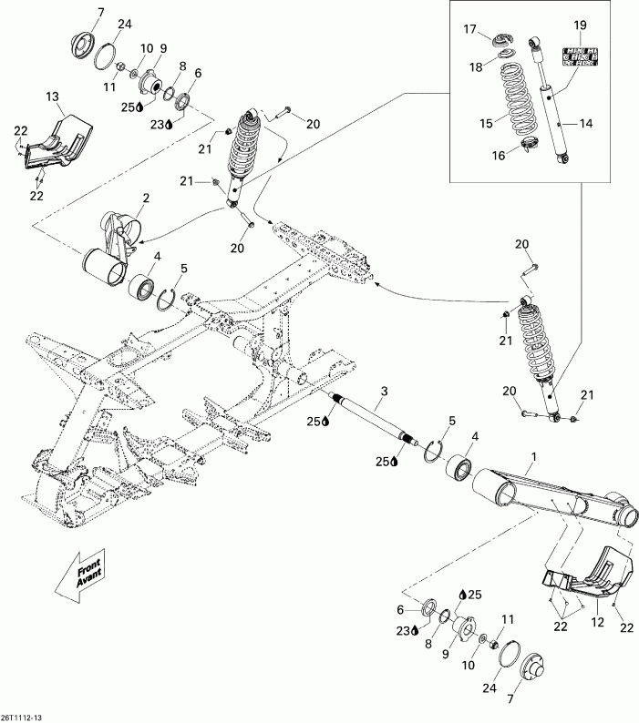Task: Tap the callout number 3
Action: tap(359, 391)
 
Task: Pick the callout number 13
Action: tap(51, 97)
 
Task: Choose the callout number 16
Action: tap(498, 156)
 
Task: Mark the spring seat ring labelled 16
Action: tap(529, 142)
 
